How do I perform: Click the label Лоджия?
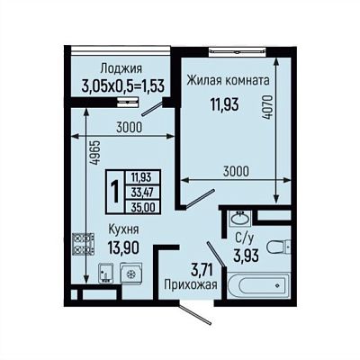coord(121,68)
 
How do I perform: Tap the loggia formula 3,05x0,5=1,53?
coord(123,87)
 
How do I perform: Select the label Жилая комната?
coord(229,80)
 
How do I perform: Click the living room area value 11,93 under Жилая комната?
coord(224,104)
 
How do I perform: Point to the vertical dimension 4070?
coord(269,107)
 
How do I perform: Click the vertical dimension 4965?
coord(95,153)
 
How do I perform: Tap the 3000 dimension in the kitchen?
coord(129,128)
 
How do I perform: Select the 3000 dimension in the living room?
coord(236,171)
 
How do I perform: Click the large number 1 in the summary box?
coord(114,192)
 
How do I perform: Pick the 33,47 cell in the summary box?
coord(142,193)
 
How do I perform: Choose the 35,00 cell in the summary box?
coord(143,207)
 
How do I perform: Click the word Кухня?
coord(123,229)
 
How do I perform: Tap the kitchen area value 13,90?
coord(123,247)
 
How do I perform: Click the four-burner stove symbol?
coord(84,244)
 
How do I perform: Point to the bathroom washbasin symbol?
coord(239,218)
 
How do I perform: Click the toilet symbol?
coord(278,247)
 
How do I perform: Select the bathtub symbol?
coord(258,285)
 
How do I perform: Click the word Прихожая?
coord(191,284)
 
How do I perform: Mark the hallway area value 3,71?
coord(202,270)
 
